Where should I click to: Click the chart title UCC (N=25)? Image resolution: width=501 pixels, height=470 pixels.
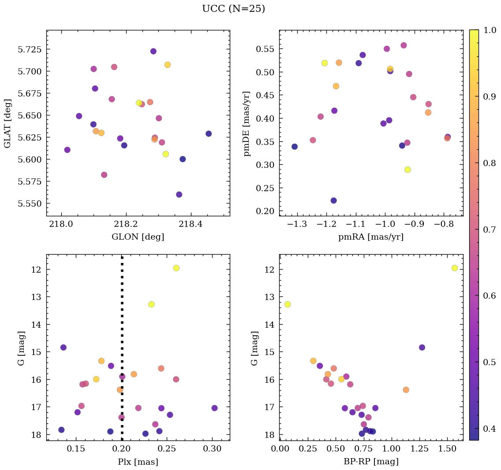tap(233, 9)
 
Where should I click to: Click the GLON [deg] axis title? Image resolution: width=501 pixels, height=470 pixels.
tap(138, 237)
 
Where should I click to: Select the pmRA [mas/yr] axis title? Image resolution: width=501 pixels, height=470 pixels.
tap(370, 237)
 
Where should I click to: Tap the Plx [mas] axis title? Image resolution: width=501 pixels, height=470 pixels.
tap(138, 462)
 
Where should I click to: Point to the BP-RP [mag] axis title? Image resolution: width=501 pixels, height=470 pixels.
tap(370, 462)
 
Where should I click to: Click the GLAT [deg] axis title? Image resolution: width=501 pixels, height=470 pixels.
tap(7, 123)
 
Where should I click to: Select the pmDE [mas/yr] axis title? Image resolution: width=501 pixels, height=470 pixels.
tap(247, 123)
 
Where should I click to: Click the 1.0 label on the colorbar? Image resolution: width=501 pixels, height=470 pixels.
tap(489, 30)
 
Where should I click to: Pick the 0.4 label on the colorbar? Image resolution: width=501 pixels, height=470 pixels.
tap(489, 429)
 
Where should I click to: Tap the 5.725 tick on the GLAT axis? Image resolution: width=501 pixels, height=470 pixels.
tap(29, 49)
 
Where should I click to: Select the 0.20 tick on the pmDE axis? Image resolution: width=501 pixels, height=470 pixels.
tap(265, 211)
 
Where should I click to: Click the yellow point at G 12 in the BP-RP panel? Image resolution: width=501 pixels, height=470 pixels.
tap(455, 268)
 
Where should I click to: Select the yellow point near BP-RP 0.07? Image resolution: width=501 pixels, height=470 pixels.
tap(288, 304)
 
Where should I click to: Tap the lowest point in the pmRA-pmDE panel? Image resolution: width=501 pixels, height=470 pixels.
tap(333, 200)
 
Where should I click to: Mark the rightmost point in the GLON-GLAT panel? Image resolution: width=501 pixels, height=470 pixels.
tap(209, 133)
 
